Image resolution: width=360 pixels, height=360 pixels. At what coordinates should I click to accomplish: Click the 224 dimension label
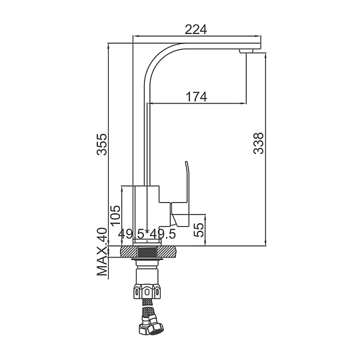[x=196, y=29]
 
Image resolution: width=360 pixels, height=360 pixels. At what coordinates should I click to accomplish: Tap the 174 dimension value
[x=196, y=97]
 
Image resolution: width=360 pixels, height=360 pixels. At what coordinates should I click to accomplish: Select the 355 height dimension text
[x=102, y=145]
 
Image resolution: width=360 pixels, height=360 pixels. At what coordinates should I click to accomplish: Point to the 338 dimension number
[x=259, y=143]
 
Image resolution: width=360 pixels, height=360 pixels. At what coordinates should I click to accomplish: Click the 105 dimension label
[x=115, y=215]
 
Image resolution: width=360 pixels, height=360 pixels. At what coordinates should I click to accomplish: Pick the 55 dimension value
[x=199, y=230]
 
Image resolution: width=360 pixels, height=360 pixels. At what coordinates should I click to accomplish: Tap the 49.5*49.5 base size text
[x=147, y=234]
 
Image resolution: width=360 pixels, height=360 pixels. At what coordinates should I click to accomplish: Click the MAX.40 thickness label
[x=102, y=251]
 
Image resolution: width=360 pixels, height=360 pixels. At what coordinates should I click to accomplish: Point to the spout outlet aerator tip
[x=247, y=51]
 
